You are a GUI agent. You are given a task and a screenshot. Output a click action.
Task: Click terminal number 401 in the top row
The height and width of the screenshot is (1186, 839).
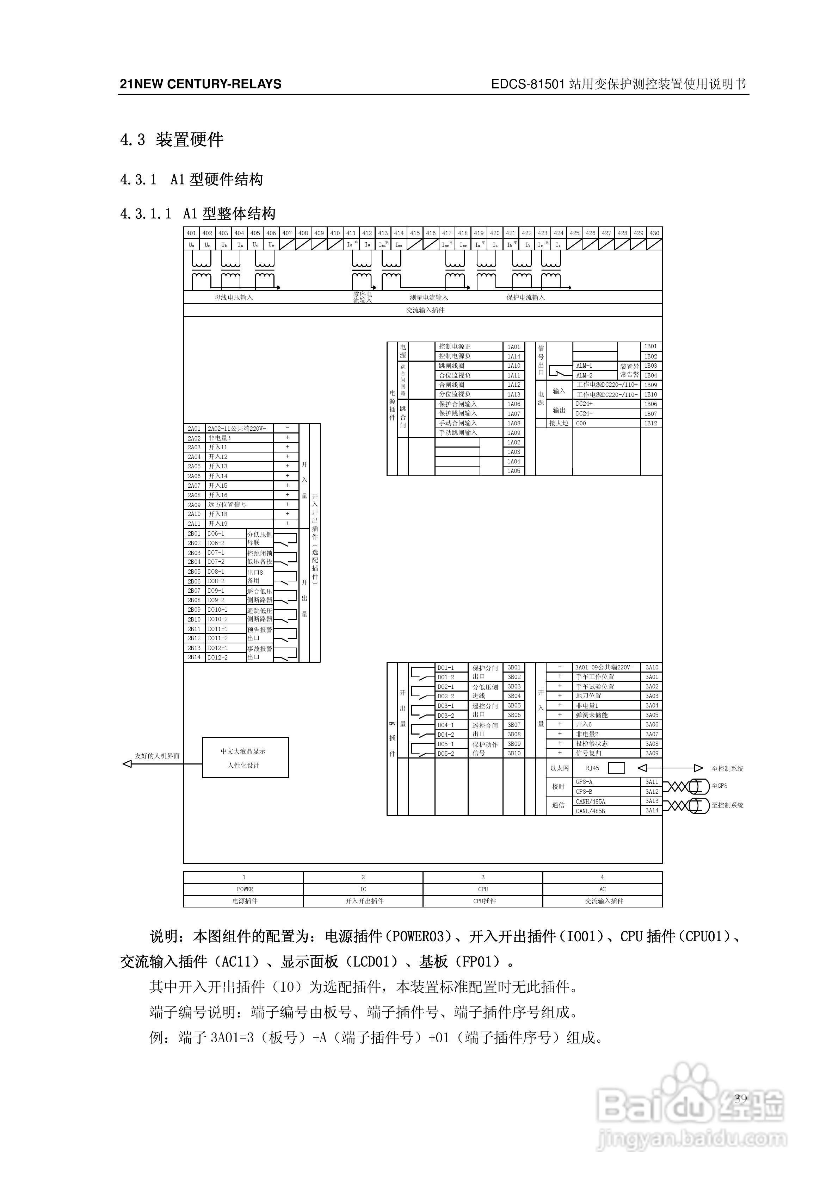[x=191, y=233]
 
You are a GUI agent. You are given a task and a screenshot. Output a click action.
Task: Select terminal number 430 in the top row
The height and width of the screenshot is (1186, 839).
[x=654, y=233]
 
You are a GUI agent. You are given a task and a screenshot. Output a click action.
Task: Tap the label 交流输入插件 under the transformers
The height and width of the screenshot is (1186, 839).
[x=425, y=310]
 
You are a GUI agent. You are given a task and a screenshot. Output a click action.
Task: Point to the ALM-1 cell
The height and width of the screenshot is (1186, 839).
[x=594, y=366]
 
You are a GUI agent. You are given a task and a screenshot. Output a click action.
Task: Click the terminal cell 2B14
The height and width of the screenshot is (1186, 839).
[x=195, y=657]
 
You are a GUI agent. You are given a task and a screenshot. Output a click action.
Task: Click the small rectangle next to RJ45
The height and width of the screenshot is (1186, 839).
[x=616, y=768]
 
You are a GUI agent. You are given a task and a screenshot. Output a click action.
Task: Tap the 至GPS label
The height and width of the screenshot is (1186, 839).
[x=719, y=786]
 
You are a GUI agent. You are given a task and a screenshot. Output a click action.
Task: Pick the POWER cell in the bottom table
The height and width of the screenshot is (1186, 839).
[x=245, y=889]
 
